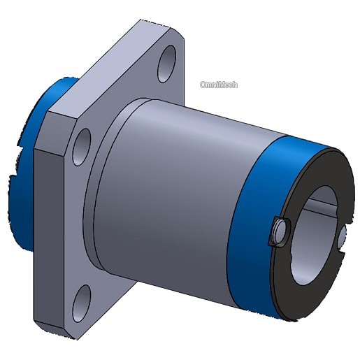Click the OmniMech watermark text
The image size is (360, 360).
click(219, 85)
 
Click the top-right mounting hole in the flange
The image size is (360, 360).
click(167, 64)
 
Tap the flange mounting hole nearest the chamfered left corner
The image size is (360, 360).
click(82, 147)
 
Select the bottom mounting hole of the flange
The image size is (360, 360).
click(81, 303)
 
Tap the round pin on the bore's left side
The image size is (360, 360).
click(280, 231)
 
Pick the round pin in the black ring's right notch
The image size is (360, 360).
click(342, 237)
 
